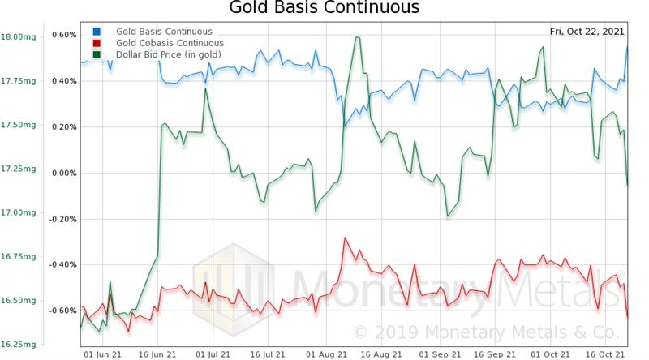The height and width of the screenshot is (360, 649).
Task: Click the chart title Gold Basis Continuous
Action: (x=324, y=9)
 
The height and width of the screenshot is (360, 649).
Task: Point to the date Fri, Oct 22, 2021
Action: (x=587, y=32)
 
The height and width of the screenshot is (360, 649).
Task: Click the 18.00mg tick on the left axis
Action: (x=17, y=37)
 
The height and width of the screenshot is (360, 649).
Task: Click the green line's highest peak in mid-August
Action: (x=356, y=37)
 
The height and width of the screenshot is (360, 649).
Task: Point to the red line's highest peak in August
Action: (x=346, y=238)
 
